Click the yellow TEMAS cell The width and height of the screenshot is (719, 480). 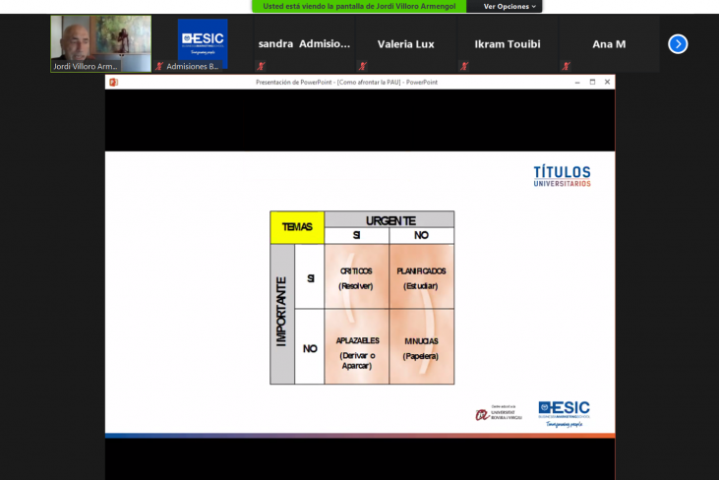click(x=297, y=227)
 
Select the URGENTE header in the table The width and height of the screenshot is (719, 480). click(x=389, y=220)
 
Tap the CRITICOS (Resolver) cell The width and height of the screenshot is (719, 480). click(x=356, y=278)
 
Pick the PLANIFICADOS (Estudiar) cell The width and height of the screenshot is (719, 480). click(x=421, y=278)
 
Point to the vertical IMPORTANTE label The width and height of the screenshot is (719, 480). click(x=282, y=312)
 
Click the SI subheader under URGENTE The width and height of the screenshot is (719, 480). click(x=356, y=236)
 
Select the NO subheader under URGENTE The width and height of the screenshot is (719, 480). click(x=421, y=236)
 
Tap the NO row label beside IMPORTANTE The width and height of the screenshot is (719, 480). click(x=310, y=348)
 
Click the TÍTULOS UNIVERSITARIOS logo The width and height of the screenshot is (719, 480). click(x=562, y=176)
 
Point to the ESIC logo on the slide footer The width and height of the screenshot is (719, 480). click(x=564, y=411)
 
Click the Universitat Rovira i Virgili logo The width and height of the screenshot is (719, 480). click(x=498, y=414)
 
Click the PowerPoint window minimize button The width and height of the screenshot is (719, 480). click(x=576, y=83)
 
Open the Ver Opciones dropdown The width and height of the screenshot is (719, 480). click(x=509, y=6)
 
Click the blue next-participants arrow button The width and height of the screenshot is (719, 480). click(x=678, y=43)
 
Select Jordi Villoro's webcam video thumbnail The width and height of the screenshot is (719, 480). click(x=101, y=43)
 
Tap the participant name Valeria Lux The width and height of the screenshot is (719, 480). click(x=405, y=44)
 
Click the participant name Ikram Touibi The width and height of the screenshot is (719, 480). click(x=508, y=44)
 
